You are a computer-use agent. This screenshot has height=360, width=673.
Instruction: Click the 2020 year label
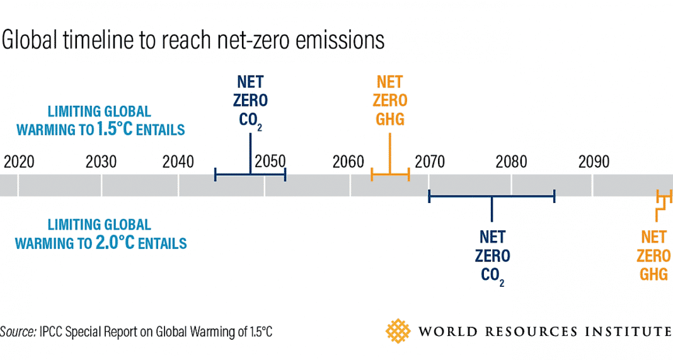19,162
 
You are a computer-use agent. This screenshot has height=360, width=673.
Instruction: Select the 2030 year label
101,162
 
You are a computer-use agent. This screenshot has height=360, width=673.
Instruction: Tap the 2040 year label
178,162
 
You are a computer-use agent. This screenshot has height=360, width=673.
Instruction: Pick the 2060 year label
348,162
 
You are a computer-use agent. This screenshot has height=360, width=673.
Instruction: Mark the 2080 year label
511,162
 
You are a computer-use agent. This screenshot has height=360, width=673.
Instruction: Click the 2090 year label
594,162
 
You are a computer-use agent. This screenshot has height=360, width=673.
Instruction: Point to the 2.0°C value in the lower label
112,242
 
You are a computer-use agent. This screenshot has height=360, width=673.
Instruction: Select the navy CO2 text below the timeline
493,276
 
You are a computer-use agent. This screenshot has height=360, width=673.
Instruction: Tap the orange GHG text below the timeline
653,274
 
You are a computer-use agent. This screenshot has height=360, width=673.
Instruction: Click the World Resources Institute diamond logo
397,331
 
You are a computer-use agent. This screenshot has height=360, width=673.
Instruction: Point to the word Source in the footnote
17,332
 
